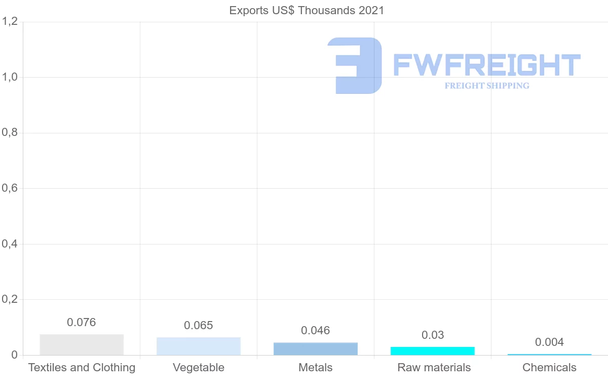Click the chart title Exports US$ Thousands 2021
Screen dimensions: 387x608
(x=307, y=11)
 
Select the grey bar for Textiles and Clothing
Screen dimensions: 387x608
(x=82, y=345)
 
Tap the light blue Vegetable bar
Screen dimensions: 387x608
(x=199, y=346)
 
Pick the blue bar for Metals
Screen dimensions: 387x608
(x=316, y=349)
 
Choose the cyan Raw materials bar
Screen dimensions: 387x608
(x=433, y=351)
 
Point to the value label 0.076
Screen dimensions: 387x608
(x=82, y=322)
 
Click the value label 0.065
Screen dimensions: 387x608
(x=199, y=325)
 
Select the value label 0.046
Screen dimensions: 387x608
(x=316, y=331)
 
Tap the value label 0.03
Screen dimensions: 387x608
(x=433, y=335)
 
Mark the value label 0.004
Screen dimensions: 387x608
(x=550, y=342)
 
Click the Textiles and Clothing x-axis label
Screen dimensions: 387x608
(x=82, y=367)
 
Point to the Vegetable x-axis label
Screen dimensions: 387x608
(x=199, y=367)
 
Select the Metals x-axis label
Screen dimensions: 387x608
(x=316, y=367)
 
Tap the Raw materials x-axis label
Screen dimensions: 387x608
(x=434, y=367)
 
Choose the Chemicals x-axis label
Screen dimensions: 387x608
(x=550, y=367)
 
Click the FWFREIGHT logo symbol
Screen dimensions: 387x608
(x=355, y=65)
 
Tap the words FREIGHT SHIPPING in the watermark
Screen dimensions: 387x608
(x=487, y=86)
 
